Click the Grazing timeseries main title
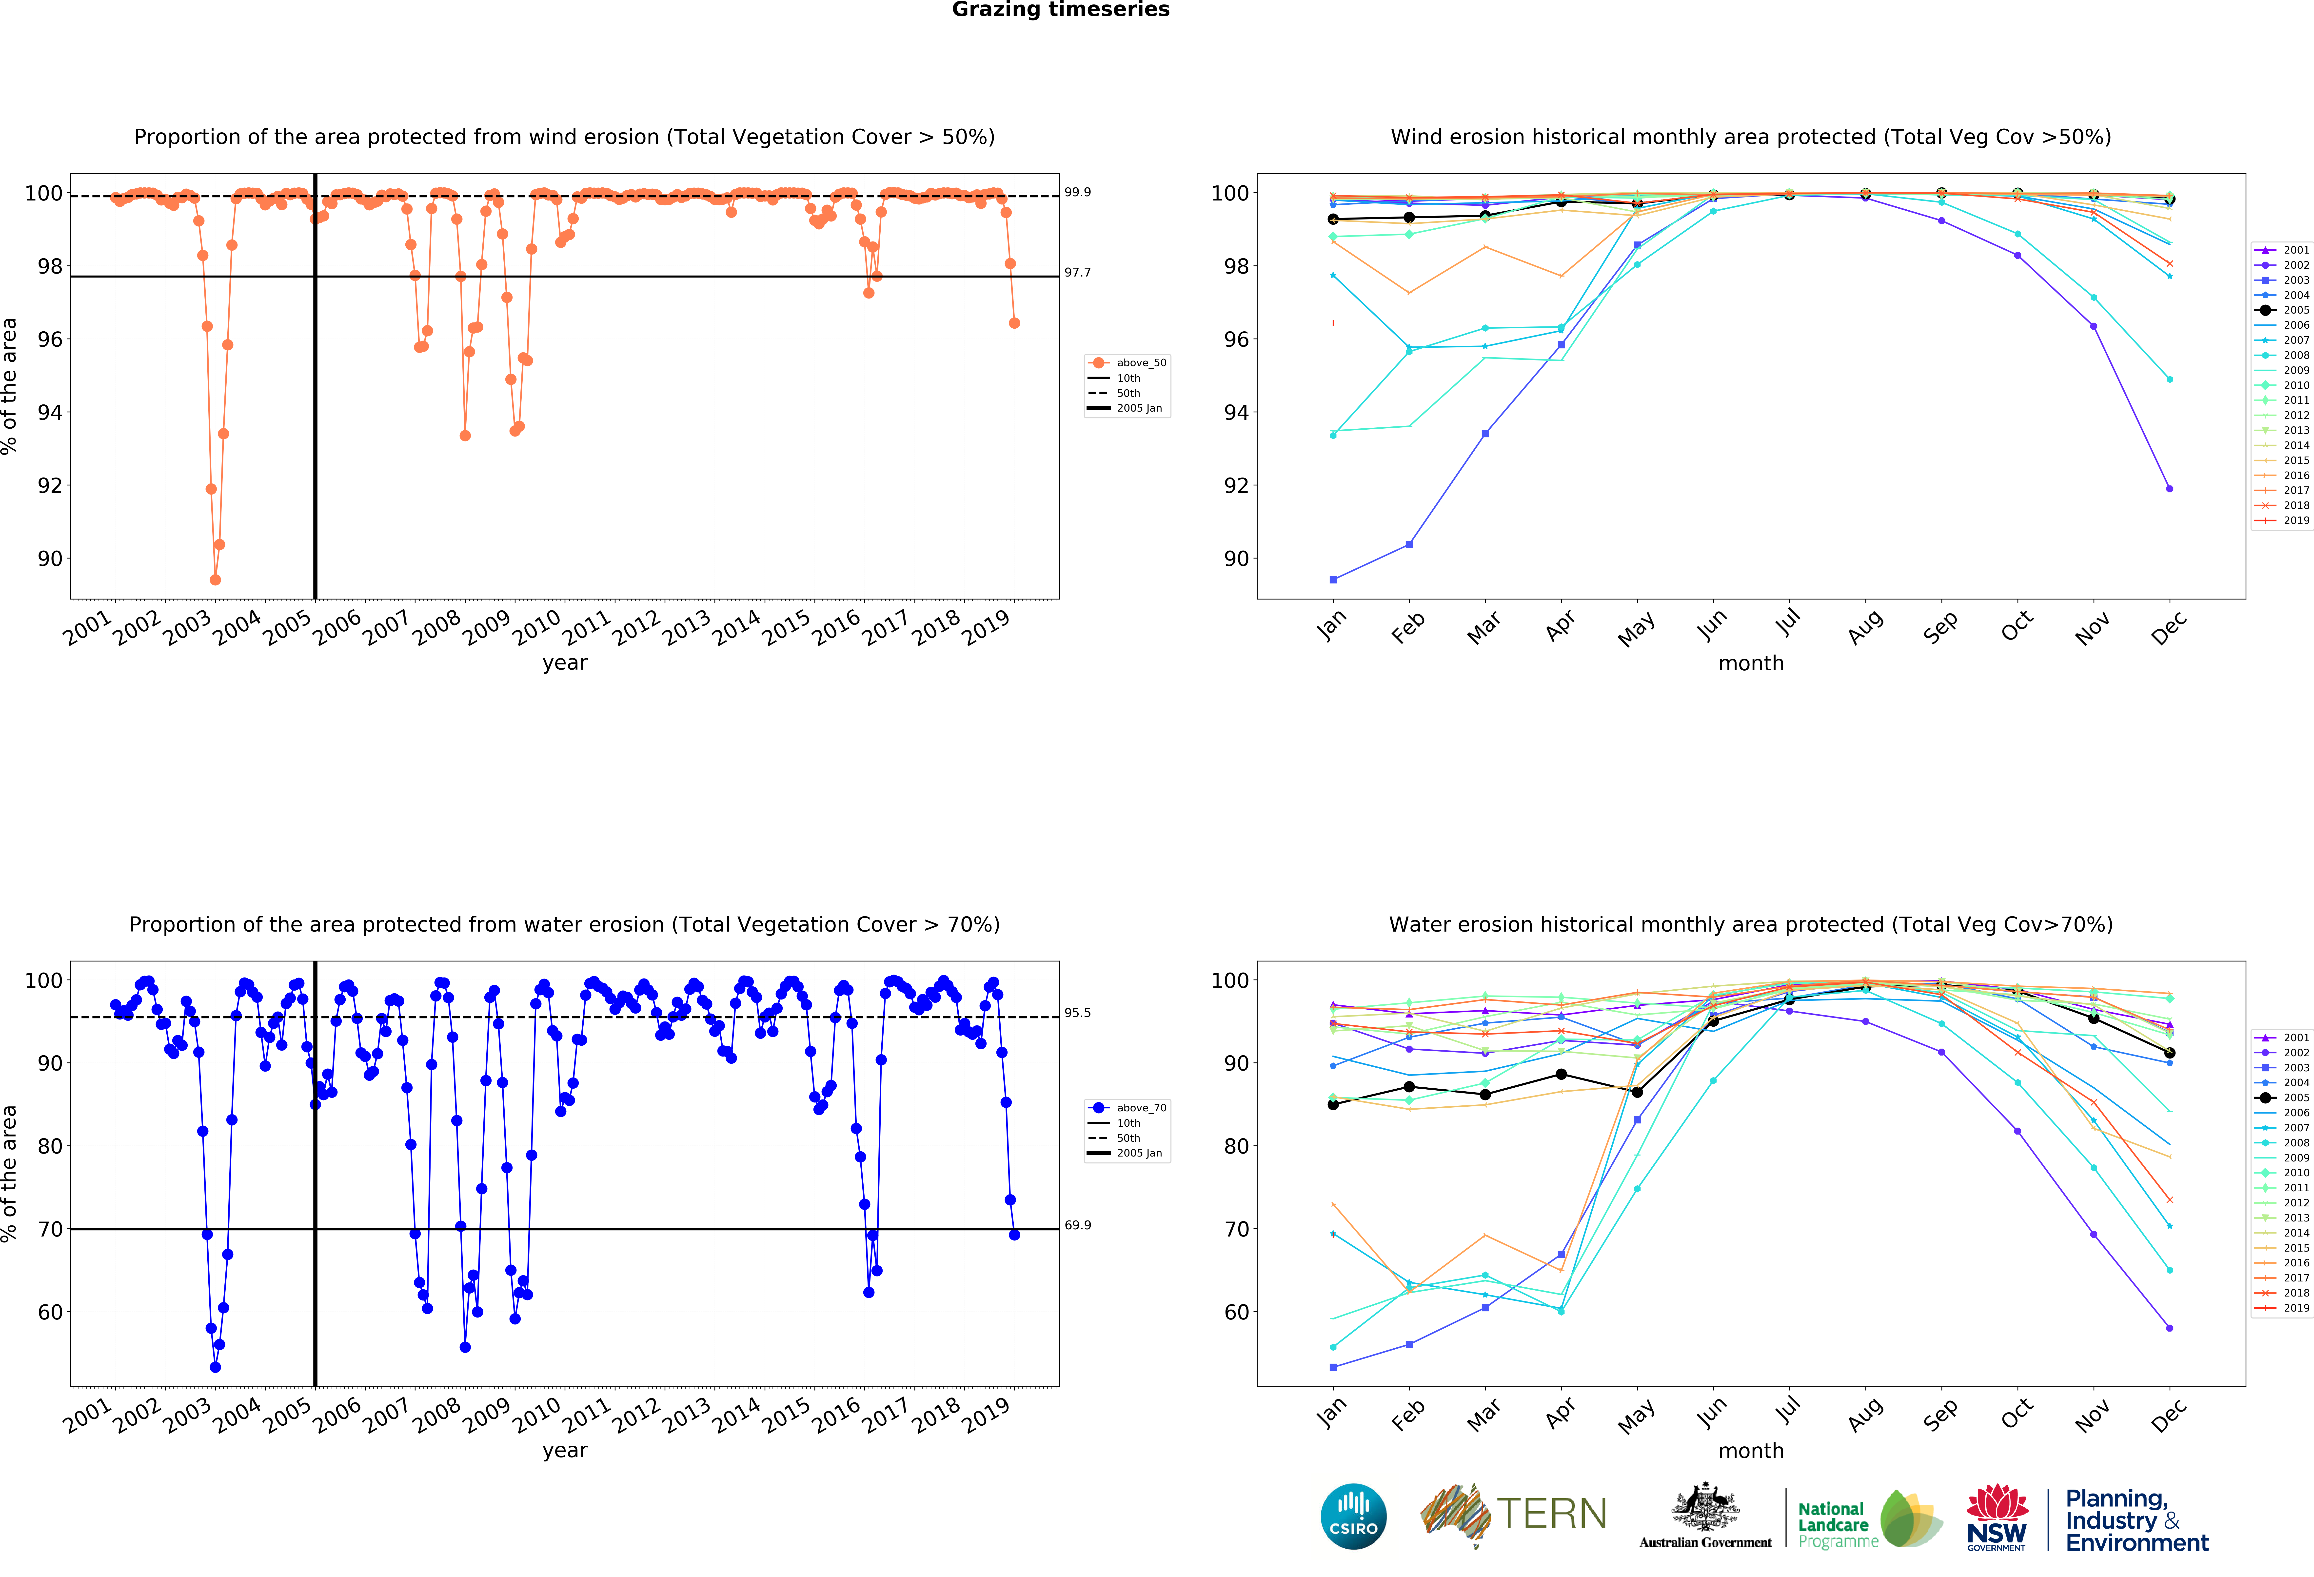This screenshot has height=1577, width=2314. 1060,10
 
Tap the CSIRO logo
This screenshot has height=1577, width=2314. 1353,1516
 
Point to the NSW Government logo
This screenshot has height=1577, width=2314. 1996,1516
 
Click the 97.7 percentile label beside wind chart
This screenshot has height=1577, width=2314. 1077,272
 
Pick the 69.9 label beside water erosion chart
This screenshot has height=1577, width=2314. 1077,1225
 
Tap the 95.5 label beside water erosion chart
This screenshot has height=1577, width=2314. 1077,1013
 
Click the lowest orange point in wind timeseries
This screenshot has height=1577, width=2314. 215,579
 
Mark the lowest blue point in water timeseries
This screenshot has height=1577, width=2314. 215,1367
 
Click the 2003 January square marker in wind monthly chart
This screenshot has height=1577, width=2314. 1333,579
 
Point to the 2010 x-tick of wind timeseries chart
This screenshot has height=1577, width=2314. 537,627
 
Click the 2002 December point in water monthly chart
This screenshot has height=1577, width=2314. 2170,1328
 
